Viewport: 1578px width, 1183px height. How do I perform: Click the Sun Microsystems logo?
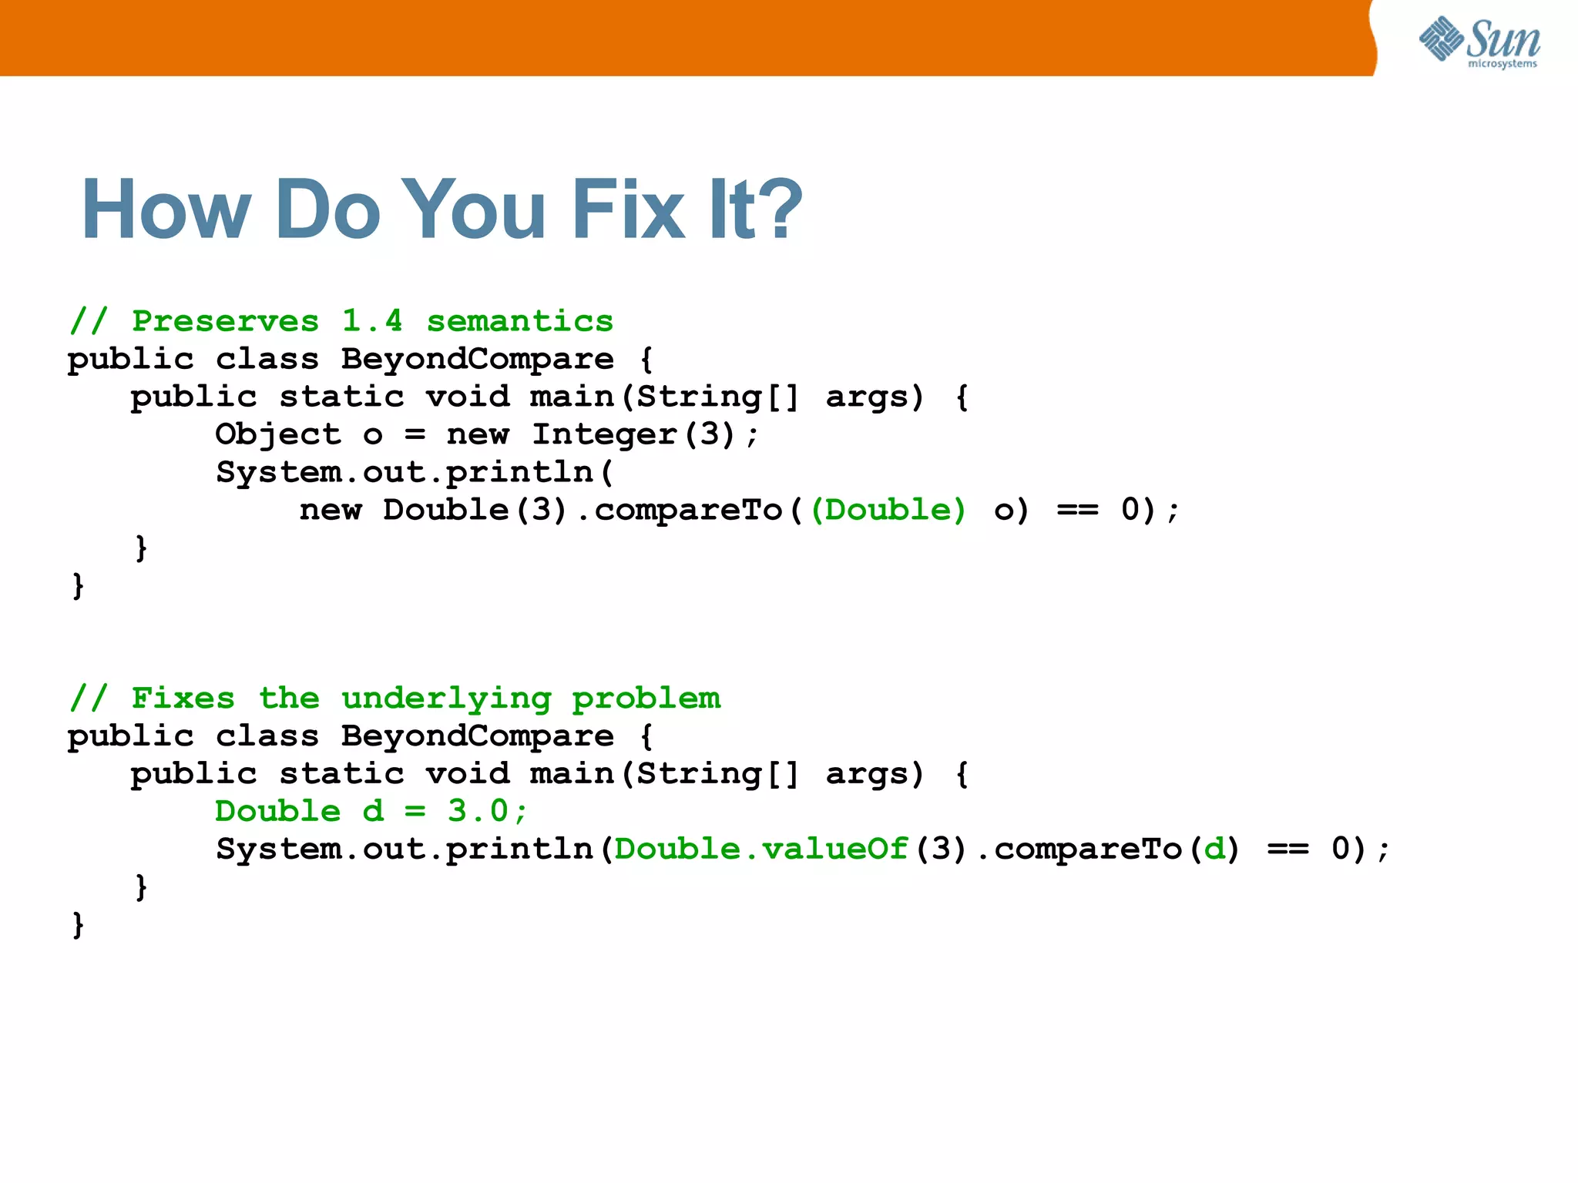click(x=1479, y=42)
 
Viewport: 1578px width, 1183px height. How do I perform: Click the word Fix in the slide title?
click(x=627, y=209)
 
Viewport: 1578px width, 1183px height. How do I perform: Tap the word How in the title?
click(x=166, y=209)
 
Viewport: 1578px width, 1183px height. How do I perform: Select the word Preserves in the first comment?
click(x=225, y=320)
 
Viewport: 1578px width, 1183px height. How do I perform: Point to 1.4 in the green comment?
click(x=372, y=320)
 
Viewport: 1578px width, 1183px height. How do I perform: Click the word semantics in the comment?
click(x=520, y=320)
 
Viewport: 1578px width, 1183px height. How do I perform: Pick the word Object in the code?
click(x=277, y=434)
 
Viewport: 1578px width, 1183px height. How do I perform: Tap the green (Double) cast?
click(x=888, y=510)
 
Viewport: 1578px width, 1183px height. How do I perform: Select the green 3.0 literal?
click(x=478, y=810)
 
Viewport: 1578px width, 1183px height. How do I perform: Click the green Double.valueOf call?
click(x=761, y=849)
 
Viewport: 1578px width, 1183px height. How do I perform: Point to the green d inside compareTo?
click(x=1214, y=849)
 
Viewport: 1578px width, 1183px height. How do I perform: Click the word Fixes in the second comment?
click(x=183, y=698)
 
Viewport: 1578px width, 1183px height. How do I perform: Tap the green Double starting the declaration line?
click(x=277, y=810)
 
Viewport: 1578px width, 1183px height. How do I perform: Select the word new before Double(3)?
click(x=331, y=510)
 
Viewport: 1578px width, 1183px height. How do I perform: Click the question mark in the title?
click(x=777, y=209)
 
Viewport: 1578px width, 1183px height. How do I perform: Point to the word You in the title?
click(x=473, y=209)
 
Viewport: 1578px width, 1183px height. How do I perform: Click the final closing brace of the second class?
click(x=78, y=923)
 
